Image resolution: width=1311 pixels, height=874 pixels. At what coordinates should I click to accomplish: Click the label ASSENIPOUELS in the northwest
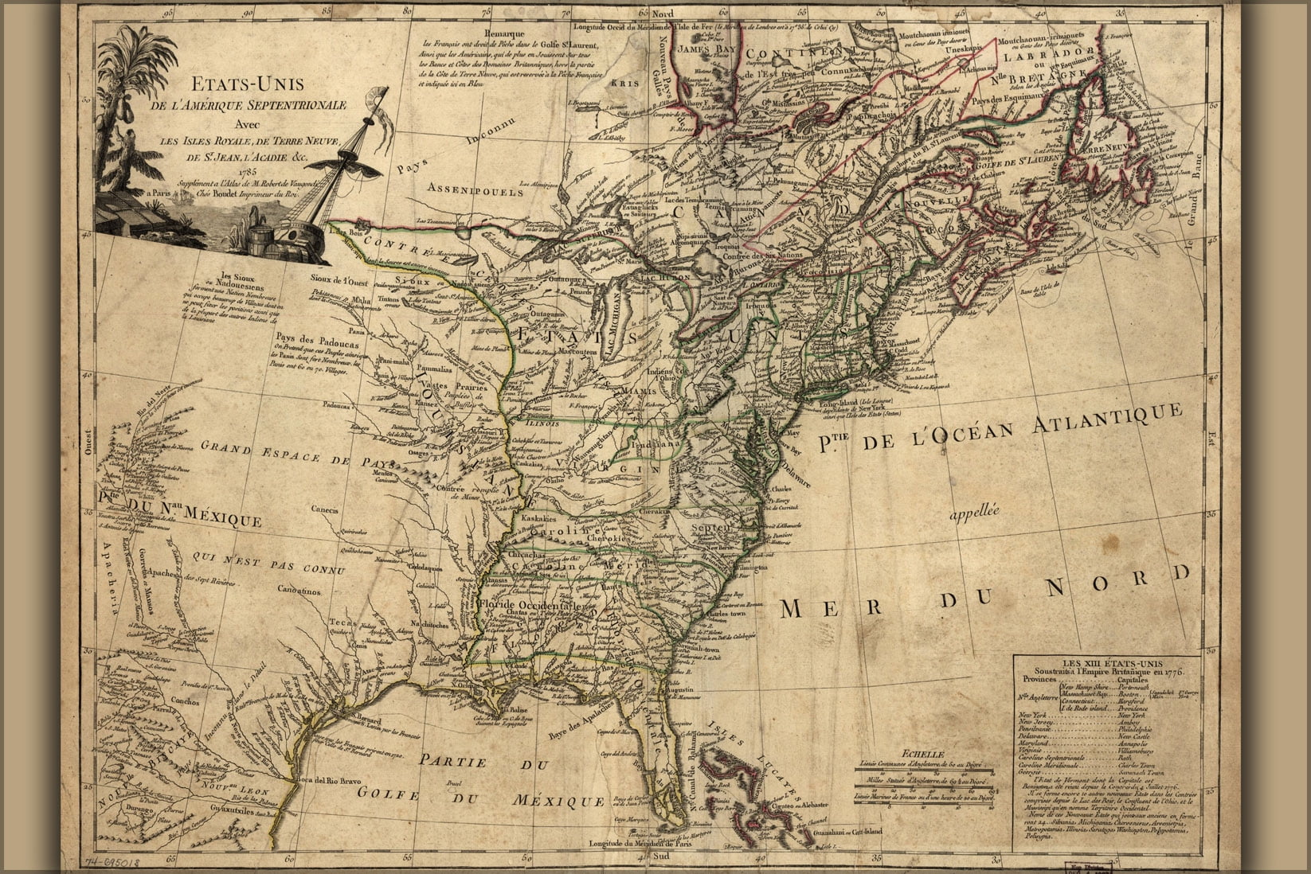pyautogui.click(x=475, y=191)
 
